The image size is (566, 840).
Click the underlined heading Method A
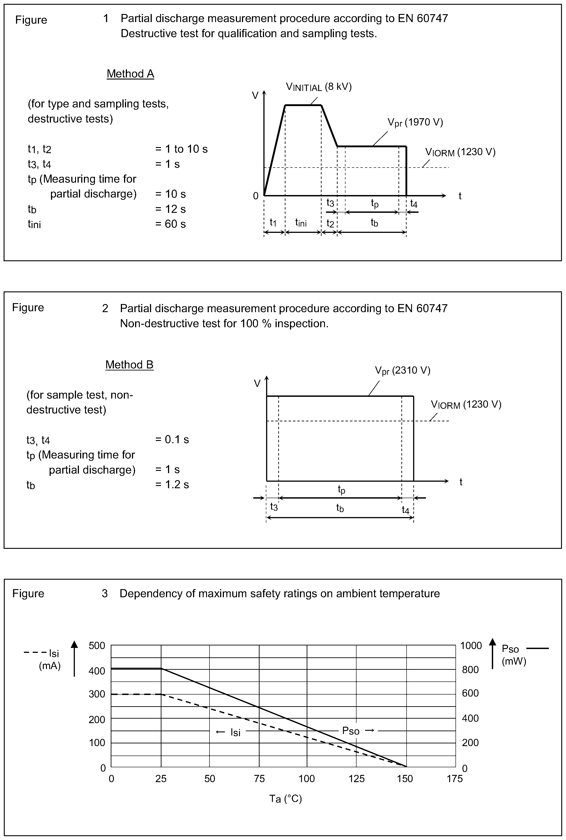130,74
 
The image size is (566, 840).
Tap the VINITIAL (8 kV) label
319,87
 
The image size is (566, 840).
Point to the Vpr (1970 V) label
415,123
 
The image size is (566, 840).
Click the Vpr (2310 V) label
403,371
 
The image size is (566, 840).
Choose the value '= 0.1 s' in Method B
172,439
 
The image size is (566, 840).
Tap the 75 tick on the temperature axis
259,779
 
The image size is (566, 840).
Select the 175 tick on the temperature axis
454,779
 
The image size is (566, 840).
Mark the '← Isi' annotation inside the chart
228,732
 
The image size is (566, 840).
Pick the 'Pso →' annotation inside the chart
359,731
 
